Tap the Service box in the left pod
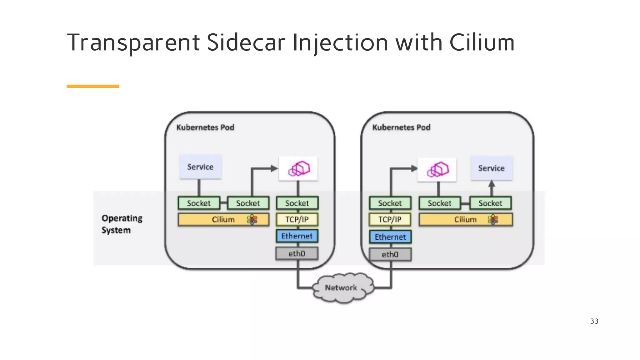click(x=200, y=167)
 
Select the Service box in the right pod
click(x=491, y=168)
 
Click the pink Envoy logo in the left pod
click(x=298, y=169)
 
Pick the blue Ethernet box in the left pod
click(x=297, y=236)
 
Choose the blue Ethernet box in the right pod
click(x=390, y=237)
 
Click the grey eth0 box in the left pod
click(x=297, y=253)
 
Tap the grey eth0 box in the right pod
click(x=390, y=254)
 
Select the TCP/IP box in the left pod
click(x=297, y=219)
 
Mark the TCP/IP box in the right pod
click(x=390, y=219)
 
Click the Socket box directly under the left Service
click(x=199, y=203)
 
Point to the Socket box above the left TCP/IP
click(x=297, y=203)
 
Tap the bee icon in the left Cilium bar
click(x=252, y=220)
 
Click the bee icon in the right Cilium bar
click(x=493, y=220)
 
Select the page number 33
click(x=594, y=321)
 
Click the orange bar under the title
click(x=93, y=86)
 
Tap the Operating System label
click(x=122, y=224)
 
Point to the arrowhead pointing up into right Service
click(x=492, y=184)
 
